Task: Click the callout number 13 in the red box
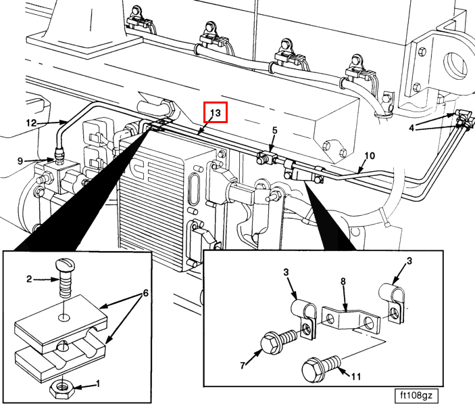click(x=216, y=112)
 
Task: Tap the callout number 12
click(x=31, y=123)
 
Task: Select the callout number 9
click(x=21, y=160)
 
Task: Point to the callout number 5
click(x=274, y=129)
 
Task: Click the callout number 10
click(x=369, y=156)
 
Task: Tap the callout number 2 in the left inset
click(x=30, y=278)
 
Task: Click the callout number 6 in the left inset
click(x=145, y=295)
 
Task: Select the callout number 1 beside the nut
click(x=98, y=384)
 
